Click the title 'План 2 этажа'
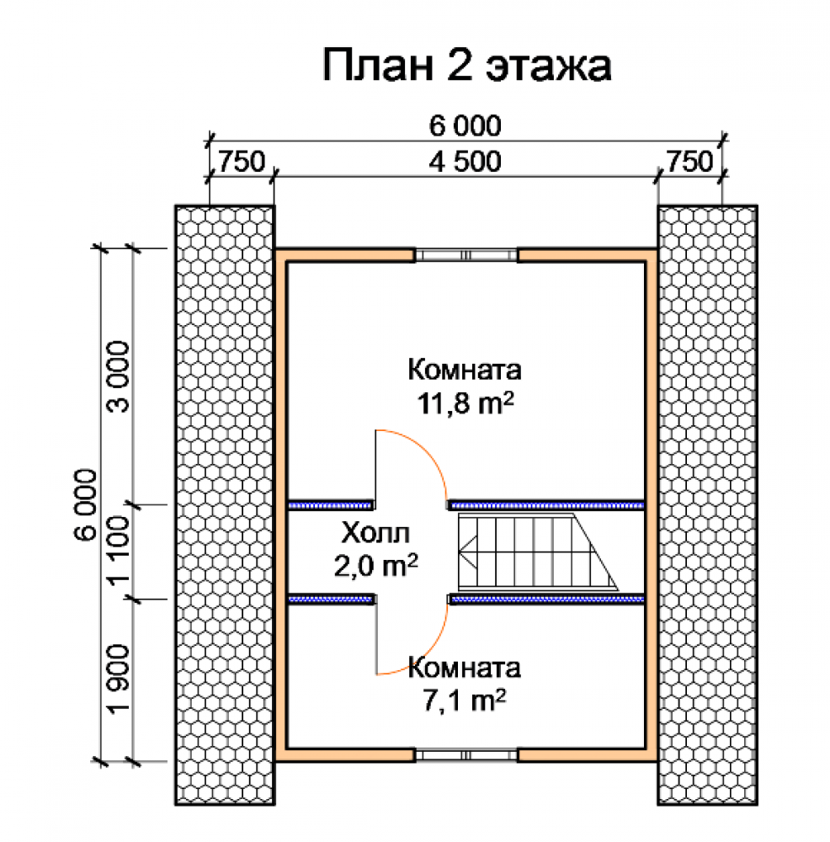466,66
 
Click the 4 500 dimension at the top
465,161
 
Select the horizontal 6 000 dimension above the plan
465,125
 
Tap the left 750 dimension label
242,161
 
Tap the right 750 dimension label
690,161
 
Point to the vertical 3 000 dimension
119,376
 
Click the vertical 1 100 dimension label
119,551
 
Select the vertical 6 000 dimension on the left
86,504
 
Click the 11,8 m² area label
466,402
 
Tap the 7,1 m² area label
465,701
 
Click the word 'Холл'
375,533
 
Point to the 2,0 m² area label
375,565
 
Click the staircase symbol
537,552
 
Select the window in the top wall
466,255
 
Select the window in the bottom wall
466,755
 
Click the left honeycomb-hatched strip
225,504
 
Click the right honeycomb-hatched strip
708,504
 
